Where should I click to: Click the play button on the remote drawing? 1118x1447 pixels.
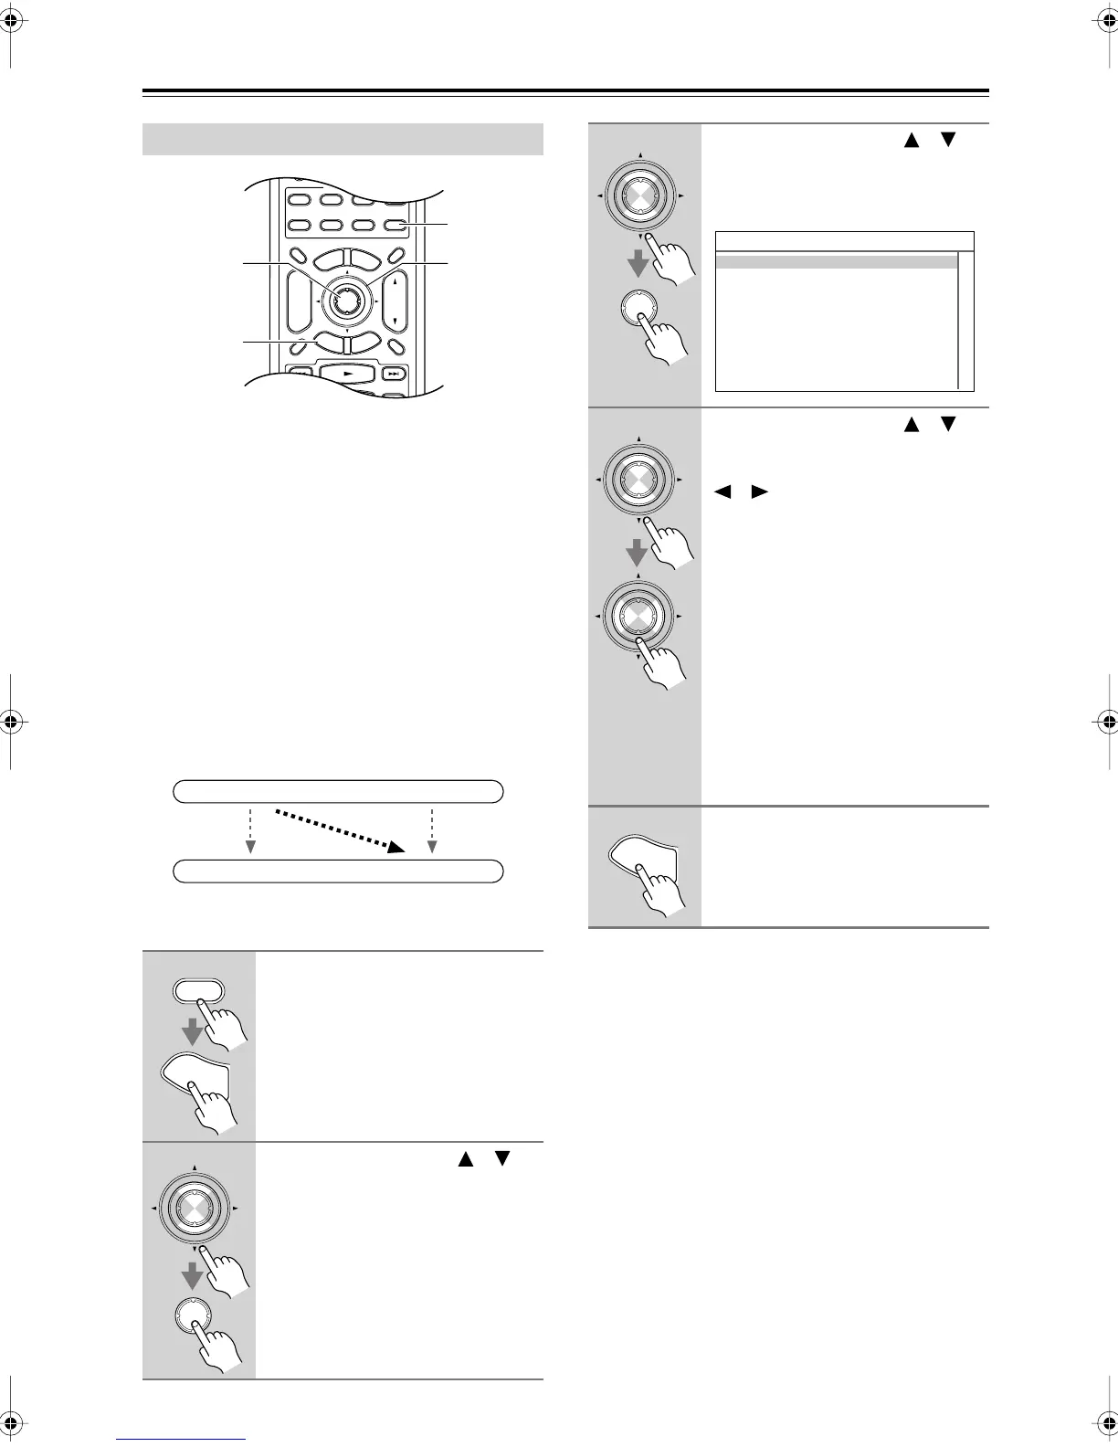pos(347,373)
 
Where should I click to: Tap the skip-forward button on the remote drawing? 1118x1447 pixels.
pos(393,373)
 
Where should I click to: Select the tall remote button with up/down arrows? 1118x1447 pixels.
pos(395,301)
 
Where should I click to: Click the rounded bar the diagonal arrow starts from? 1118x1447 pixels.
pos(338,791)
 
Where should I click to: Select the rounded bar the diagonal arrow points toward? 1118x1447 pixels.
pos(338,871)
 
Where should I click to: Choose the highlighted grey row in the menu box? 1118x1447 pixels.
pos(836,261)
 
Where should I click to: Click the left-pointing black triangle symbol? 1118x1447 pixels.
pos(724,492)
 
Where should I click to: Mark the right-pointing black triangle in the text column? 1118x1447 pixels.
pos(759,492)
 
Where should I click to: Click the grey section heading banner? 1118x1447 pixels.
pos(343,140)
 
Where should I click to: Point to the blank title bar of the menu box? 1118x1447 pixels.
pos(844,241)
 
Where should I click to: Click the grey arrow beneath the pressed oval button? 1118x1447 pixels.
pos(193,1033)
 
